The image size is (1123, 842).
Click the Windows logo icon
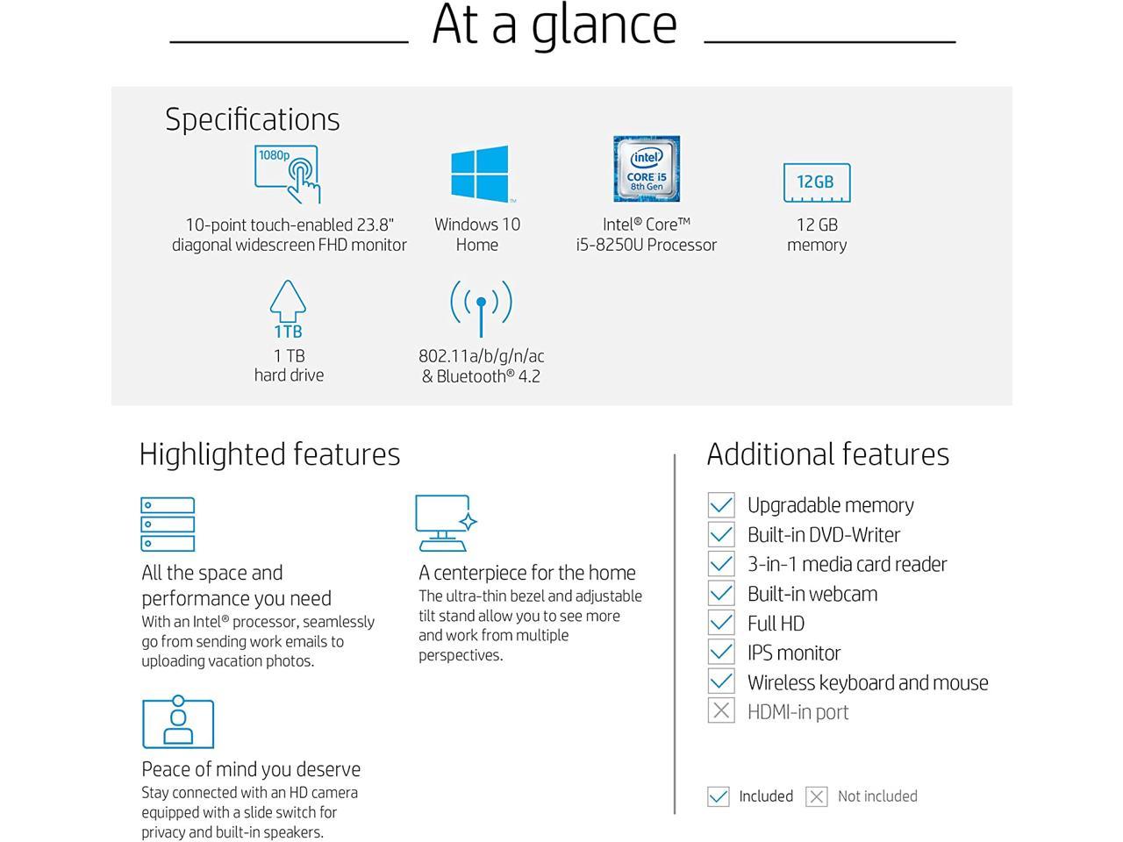(x=479, y=174)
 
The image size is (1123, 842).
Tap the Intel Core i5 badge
(x=647, y=169)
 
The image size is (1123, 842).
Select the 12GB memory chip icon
(x=816, y=182)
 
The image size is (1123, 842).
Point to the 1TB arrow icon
(x=288, y=310)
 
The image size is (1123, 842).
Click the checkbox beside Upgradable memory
(x=721, y=505)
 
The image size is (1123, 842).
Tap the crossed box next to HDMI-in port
(x=721, y=711)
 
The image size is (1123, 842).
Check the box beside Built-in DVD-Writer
(x=721, y=534)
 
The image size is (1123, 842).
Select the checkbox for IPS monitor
(x=721, y=653)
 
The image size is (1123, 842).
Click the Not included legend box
(x=817, y=796)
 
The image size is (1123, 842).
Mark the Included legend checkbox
(x=719, y=796)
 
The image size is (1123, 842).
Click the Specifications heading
(x=252, y=119)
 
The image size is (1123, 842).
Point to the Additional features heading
(x=827, y=454)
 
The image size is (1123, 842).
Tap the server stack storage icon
(x=168, y=524)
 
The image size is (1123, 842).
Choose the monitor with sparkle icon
(x=446, y=524)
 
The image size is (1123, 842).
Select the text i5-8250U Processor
(x=647, y=245)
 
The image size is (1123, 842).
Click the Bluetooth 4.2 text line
(x=481, y=376)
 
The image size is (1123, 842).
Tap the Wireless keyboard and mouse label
(x=867, y=682)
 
